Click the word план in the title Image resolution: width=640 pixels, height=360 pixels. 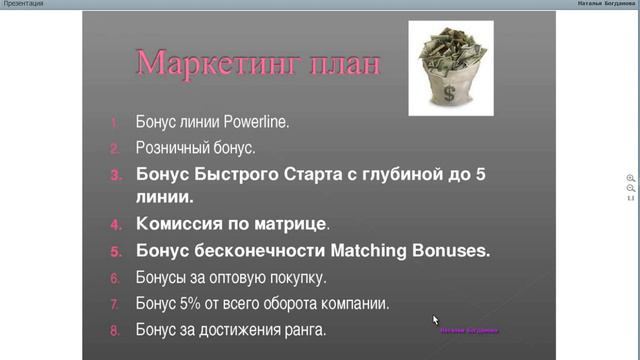click(343, 64)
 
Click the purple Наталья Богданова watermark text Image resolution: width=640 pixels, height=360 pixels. click(469, 329)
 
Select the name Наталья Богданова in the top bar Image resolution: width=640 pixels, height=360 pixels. click(606, 4)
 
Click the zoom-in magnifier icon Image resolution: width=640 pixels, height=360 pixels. click(631, 177)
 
